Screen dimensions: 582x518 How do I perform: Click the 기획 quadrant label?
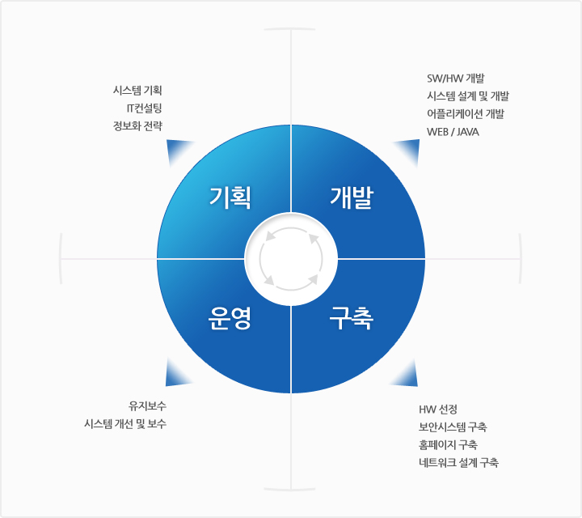[x=230, y=197]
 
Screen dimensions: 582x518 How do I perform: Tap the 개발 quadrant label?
[x=352, y=197]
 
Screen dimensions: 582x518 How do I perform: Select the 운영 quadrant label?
[x=230, y=318]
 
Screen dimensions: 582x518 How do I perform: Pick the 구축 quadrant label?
[x=352, y=318]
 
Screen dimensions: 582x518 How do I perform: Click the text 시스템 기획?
[x=137, y=91]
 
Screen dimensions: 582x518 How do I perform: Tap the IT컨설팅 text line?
[x=145, y=108]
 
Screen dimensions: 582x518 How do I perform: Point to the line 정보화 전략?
[x=137, y=126]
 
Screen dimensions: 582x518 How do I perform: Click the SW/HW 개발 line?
[x=456, y=79]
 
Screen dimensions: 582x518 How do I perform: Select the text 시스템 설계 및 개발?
[x=468, y=96]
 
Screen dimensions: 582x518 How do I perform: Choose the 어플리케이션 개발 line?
[x=466, y=114]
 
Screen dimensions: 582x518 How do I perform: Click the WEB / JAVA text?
[x=453, y=132]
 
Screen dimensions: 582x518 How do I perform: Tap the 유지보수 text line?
[x=147, y=405]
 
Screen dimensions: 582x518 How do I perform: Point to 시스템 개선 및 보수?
[x=125, y=423]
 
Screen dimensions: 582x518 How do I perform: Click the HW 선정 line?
[x=438, y=409]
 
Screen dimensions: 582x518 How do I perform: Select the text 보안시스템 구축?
[x=453, y=427]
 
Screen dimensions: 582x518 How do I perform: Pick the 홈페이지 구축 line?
[x=448, y=445]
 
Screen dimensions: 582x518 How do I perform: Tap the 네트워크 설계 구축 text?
[x=458, y=463]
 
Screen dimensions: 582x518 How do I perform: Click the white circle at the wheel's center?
[x=291, y=259]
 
